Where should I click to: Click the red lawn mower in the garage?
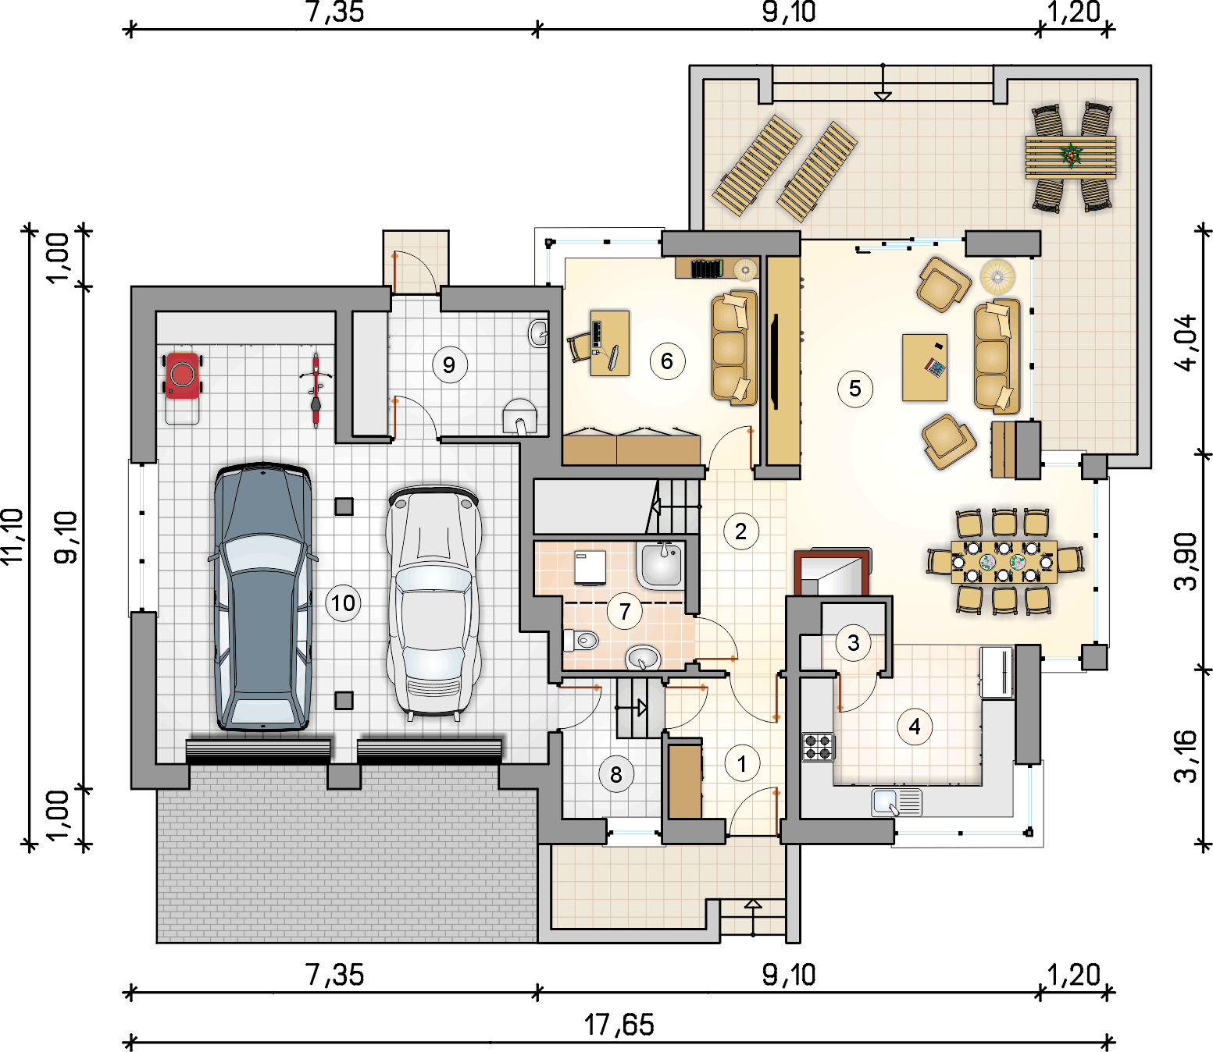[x=183, y=375]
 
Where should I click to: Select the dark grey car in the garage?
[x=262, y=596]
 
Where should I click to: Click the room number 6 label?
[x=667, y=361]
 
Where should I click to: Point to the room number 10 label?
[x=343, y=603]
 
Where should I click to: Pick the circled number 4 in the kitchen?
[x=914, y=727]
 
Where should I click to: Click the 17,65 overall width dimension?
[x=619, y=1024]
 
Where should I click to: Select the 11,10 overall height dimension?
[x=12, y=536]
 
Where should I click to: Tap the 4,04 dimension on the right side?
[x=1186, y=343]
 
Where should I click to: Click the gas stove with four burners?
[x=818, y=747]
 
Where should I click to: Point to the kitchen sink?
[x=897, y=802]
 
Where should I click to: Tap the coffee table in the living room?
[x=924, y=368]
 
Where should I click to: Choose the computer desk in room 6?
[x=609, y=343]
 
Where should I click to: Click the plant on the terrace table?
[x=1072, y=155]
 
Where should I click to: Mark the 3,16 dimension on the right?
[x=1186, y=756]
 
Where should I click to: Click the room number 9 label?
[x=449, y=365]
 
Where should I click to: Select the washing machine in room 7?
[x=590, y=567]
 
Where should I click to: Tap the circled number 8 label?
[x=616, y=774]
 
